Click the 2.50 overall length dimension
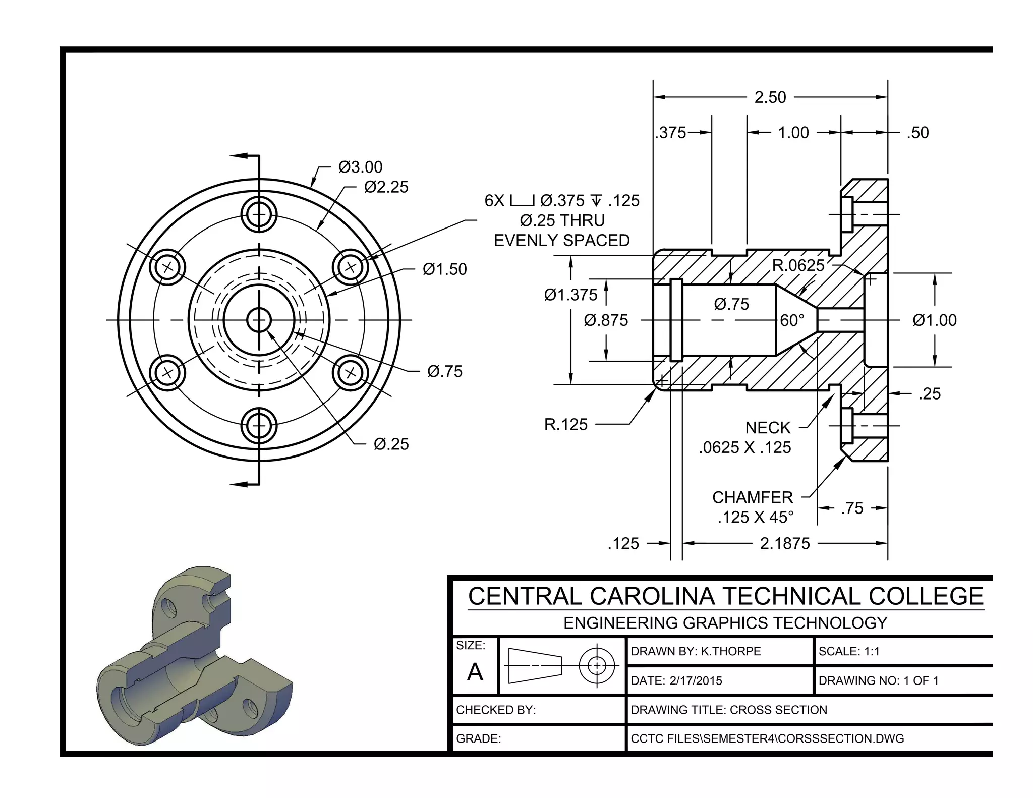click(770, 97)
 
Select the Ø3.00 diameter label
click(360, 167)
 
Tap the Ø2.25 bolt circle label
click(386, 187)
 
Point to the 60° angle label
click(792, 320)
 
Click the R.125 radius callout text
click(565, 424)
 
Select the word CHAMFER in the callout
click(752, 497)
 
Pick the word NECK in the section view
click(768, 428)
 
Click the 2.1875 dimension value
click(784, 543)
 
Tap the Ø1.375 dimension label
click(570, 295)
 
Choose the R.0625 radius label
click(798, 265)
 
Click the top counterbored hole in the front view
click(259, 214)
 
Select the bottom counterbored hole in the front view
click(259, 426)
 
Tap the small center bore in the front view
click(259, 320)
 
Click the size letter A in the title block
click(475, 672)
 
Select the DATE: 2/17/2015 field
click(676, 680)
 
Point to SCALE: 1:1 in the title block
click(849, 651)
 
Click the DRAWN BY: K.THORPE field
click(696, 651)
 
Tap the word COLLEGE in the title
click(926, 596)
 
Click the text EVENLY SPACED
click(561, 241)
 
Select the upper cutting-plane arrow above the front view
click(242, 156)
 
